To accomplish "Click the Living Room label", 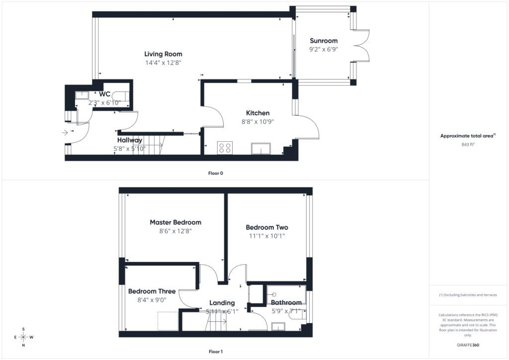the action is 163,54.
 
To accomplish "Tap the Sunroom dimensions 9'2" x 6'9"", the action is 324,49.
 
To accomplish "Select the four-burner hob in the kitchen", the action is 225,148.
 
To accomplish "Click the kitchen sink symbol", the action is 261,149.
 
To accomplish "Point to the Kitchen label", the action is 258,113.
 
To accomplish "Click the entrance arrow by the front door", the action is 65,132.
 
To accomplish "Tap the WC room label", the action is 104,94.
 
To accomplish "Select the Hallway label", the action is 130,140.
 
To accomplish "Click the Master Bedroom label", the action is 175,222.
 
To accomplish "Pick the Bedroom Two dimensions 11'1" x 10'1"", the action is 267,236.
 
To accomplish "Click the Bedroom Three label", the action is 152,291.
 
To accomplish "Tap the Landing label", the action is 222,303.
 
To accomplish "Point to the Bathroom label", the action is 286,302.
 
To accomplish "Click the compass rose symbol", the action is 23,337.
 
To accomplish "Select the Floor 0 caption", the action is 216,174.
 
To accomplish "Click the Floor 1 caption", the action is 216,352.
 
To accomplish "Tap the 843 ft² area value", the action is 468,145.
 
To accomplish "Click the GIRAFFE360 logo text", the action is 468,345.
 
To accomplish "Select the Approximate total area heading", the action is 468,136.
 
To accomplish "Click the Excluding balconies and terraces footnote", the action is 468,295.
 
